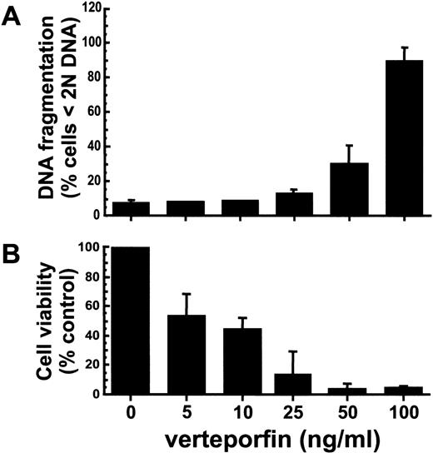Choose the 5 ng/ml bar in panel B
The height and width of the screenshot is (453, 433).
[x=182, y=355]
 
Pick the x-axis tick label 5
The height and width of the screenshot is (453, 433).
[x=182, y=411]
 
